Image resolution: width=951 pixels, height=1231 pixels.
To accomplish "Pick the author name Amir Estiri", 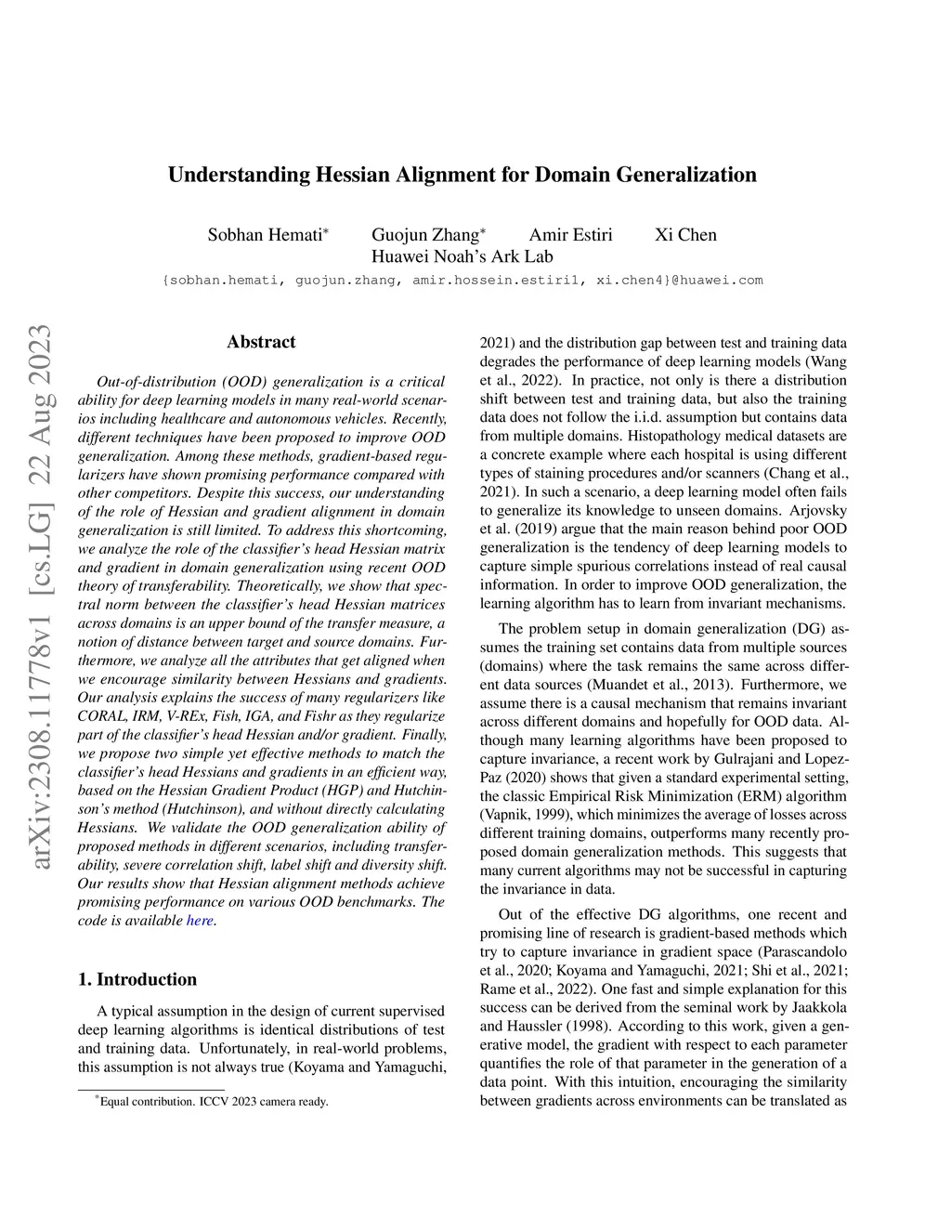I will (x=570, y=234).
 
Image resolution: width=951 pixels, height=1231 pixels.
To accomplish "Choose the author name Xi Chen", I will (x=685, y=234).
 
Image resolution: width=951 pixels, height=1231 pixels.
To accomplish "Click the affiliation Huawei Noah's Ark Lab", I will (x=462, y=256).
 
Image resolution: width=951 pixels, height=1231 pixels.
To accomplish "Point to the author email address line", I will (x=462, y=280).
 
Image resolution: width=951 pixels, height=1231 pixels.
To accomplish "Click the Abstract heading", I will (x=261, y=342).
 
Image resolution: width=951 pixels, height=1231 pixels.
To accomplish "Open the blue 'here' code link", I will (x=200, y=921).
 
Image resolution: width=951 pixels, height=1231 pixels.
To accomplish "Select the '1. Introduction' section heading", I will (x=137, y=979).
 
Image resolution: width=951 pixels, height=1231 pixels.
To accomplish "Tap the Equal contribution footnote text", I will (x=214, y=1102).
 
